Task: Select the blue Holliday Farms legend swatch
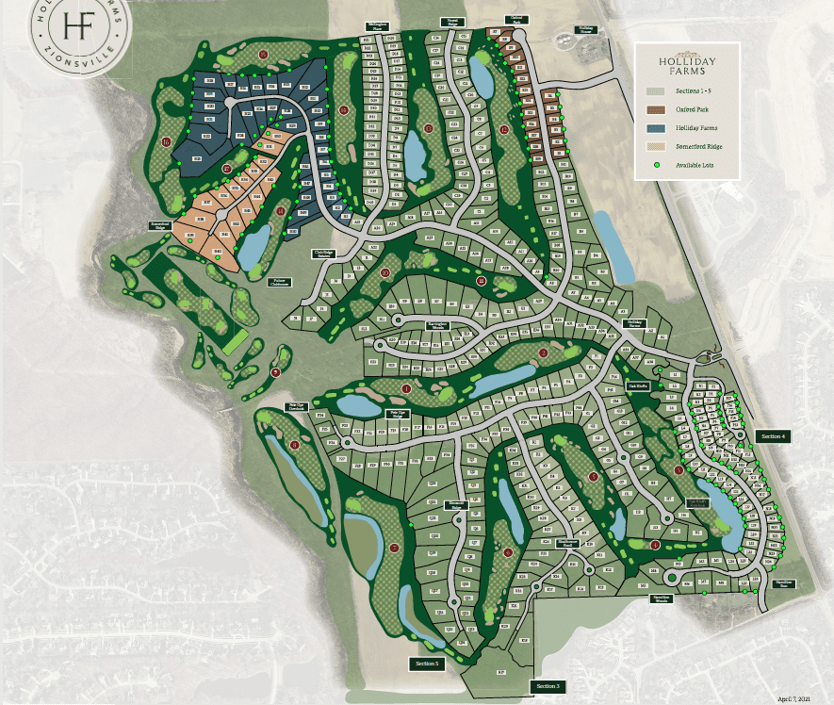click(x=653, y=128)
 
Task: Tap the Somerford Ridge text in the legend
click(x=698, y=146)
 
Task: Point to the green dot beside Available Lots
click(x=653, y=166)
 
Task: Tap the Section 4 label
click(x=773, y=436)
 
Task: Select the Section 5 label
click(x=427, y=664)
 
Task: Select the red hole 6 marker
click(x=508, y=553)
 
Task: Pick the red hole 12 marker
click(x=506, y=129)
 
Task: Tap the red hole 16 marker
click(x=166, y=143)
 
